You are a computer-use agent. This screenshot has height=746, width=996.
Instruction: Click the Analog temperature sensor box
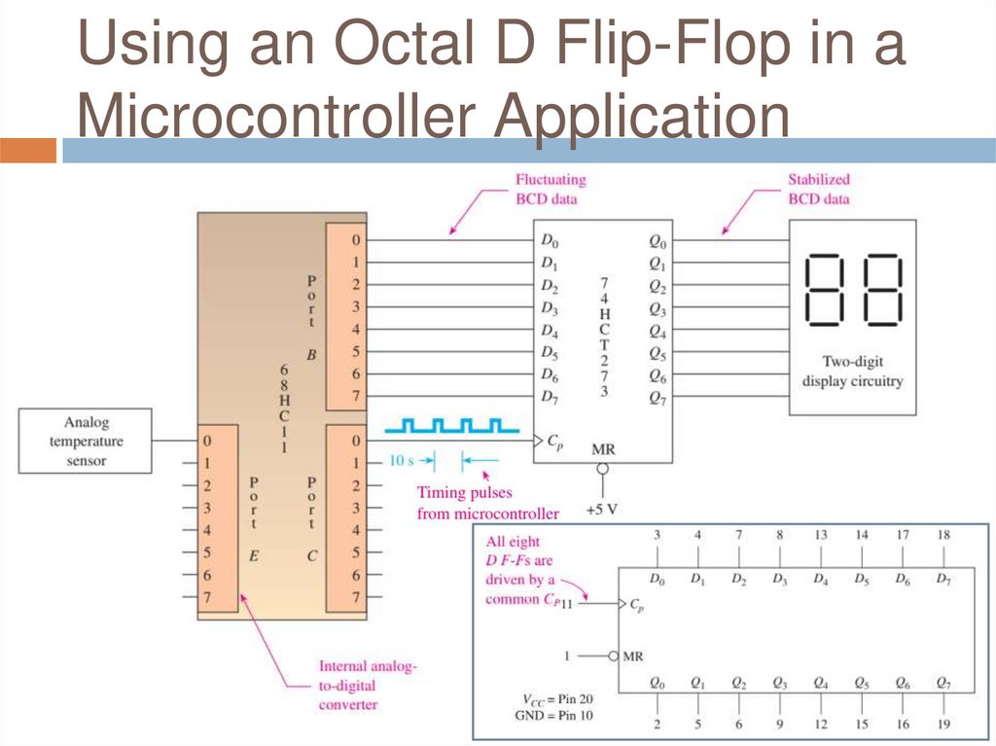pyautogui.click(x=86, y=441)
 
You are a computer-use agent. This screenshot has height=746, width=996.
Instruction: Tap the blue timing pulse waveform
pyautogui.click(x=446, y=426)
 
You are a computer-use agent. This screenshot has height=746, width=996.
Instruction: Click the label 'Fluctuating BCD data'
pyautogui.click(x=551, y=189)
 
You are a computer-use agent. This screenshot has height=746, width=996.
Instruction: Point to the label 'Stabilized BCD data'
pyautogui.click(x=818, y=189)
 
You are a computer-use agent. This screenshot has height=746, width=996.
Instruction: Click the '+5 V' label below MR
pyautogui.click(x=602, y=509)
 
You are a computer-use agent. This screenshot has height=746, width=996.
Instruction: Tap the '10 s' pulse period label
pyautogui.click(x=402, y=460)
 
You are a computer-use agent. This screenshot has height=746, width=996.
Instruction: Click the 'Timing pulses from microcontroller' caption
pyautogui.click(x=487, y=503)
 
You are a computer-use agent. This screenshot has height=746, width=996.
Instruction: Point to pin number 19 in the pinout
pyautogui.click(x=943, y=724)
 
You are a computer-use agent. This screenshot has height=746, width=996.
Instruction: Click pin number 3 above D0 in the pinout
pyautogui.click(x=657, y=535)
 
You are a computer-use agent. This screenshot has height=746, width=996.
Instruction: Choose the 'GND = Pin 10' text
pyautogui.click(x=553, y=716)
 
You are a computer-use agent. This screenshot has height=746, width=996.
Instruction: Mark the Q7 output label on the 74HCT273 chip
pyautogui.click(x=658, y=397)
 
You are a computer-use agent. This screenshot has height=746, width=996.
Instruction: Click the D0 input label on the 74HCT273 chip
pyautogui.click(x=550, y=240)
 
